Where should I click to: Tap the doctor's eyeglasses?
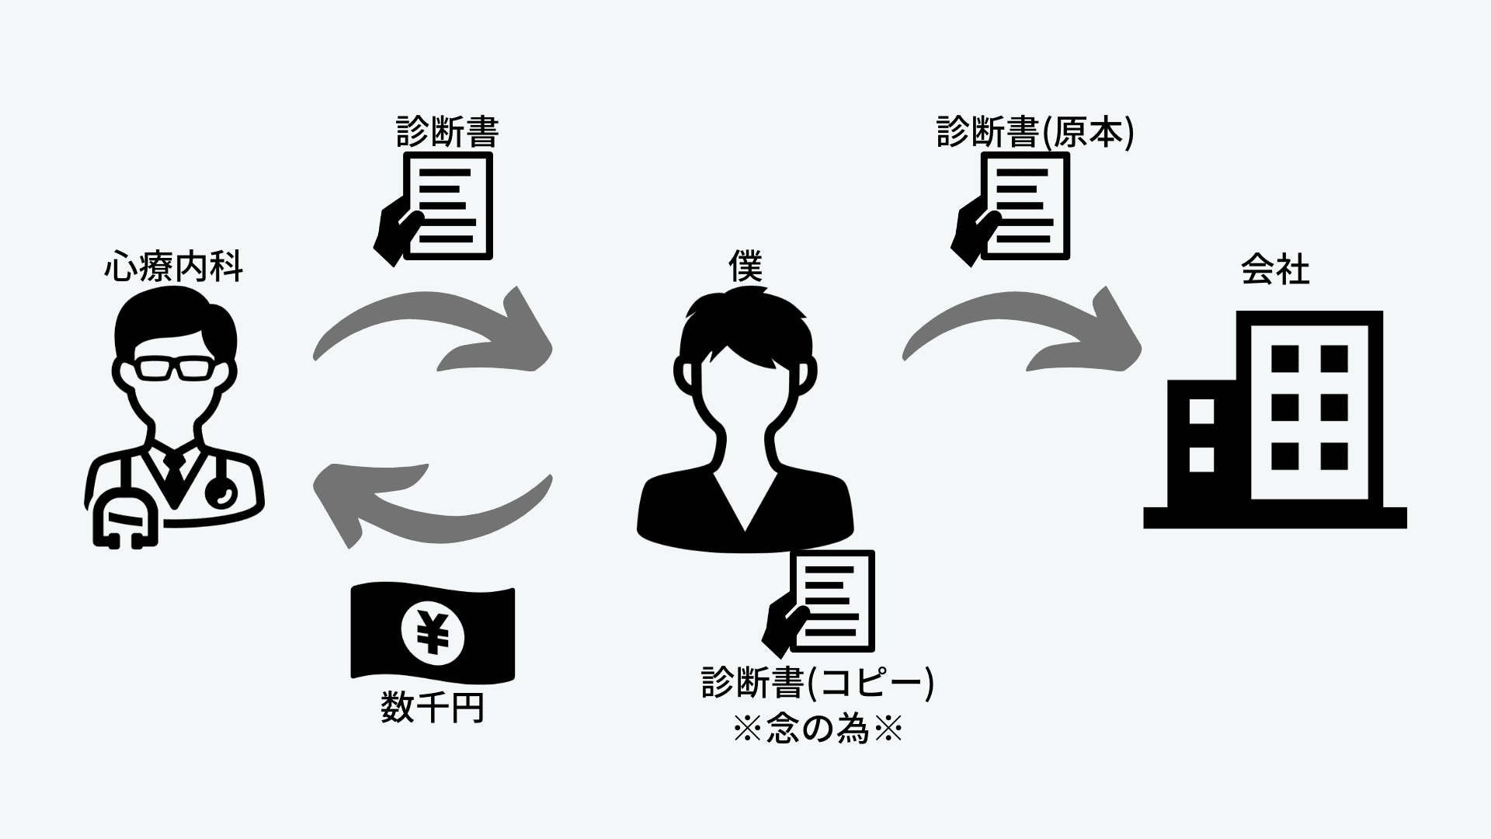[173, 367]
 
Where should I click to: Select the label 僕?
[745, 266]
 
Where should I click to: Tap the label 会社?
[1274, 270]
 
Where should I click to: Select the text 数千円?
[433, 707]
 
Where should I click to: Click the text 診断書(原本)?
[1035, 132]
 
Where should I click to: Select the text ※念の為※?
[818, 730]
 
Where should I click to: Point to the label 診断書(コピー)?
[818, 684]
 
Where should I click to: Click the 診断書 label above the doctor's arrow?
[447, 132]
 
